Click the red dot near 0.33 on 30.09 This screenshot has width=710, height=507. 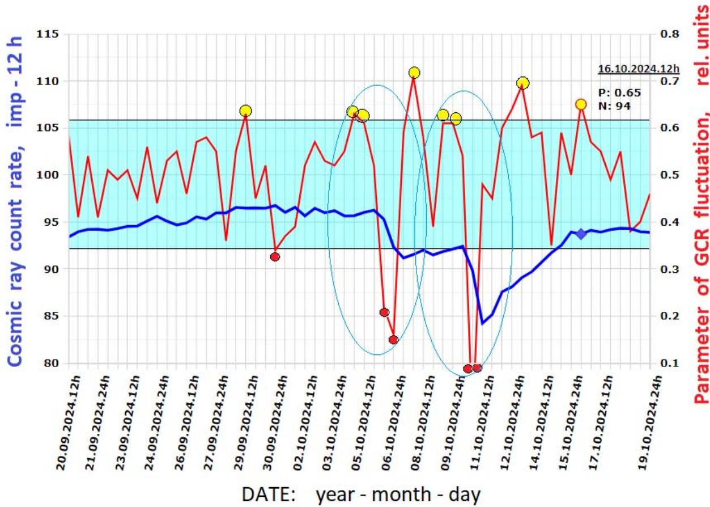click(275, 257)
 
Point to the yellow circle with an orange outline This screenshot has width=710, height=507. click(581, 104)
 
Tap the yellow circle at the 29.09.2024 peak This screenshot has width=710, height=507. click(245, 111)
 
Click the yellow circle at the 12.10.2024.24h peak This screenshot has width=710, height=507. click(523, 83)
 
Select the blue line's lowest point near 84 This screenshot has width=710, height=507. click(482, 324)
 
